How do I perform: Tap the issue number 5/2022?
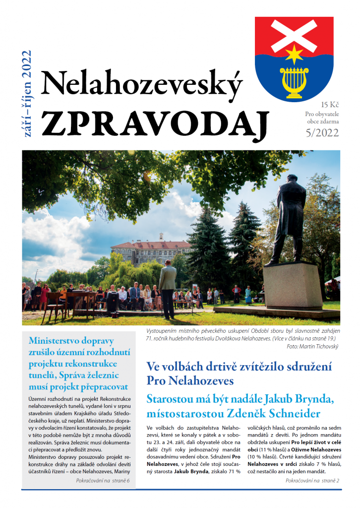coord(322,132)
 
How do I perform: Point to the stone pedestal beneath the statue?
coord(293,286)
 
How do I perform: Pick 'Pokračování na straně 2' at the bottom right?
coord(312,481)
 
